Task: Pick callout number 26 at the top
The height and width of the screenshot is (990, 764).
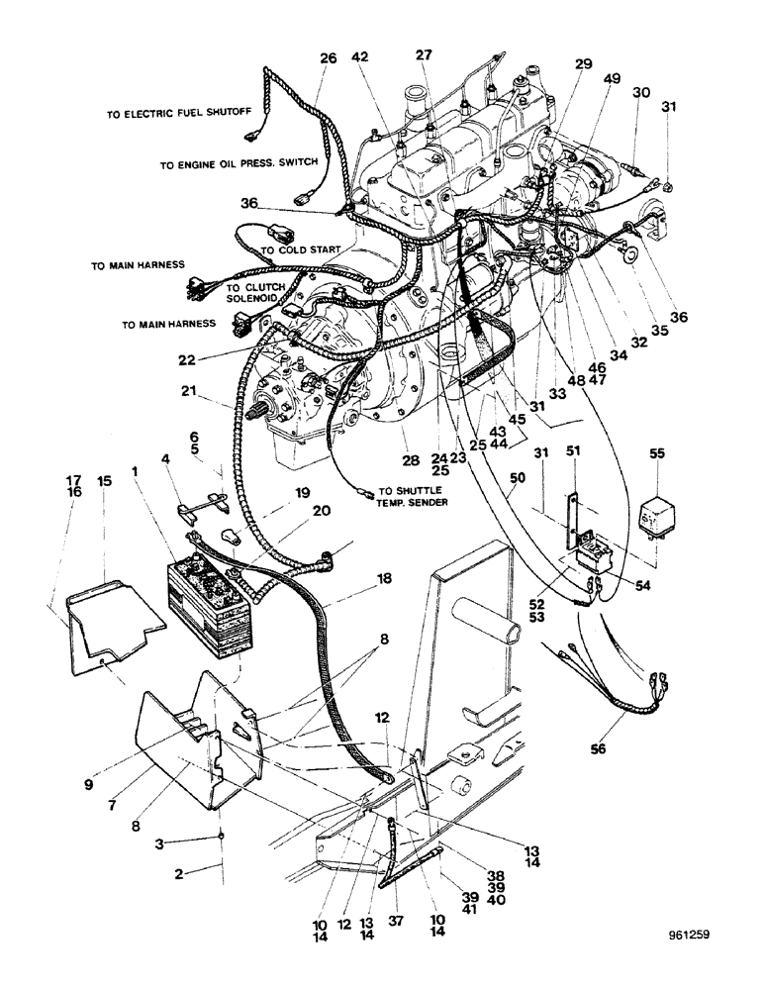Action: point(328,58)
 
